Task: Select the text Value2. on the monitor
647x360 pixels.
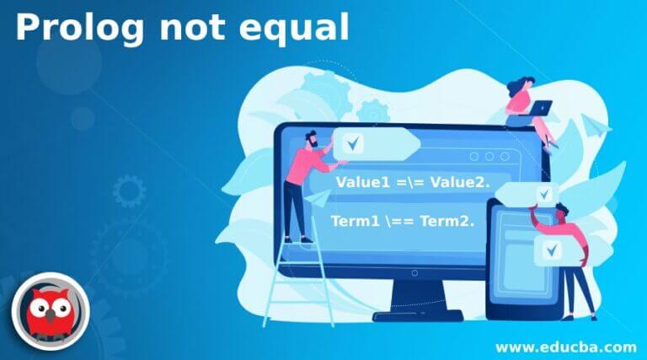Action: (461, 183)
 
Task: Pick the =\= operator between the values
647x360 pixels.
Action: (412, 183)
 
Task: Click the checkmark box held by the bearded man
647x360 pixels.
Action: (352, 143)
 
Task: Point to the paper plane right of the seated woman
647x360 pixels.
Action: (599, 126)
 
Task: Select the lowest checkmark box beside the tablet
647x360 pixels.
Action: (553, 250)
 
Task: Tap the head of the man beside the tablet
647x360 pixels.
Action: (565, 209)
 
